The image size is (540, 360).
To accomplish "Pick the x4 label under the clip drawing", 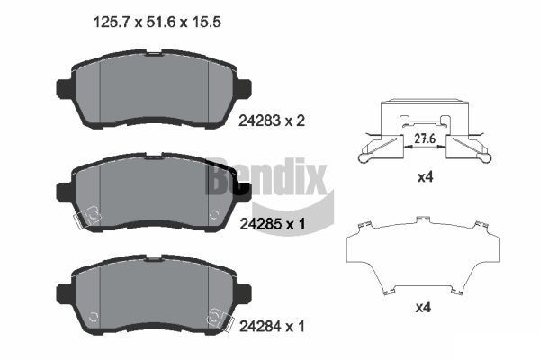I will pos(426,178).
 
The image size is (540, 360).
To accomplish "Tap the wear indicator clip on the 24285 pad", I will pos(90,216).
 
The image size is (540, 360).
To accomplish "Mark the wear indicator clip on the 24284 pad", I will pos(217,316).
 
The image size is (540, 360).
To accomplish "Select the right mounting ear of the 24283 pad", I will pos(244,89).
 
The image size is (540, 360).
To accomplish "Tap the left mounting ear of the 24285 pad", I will pos(64,191).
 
